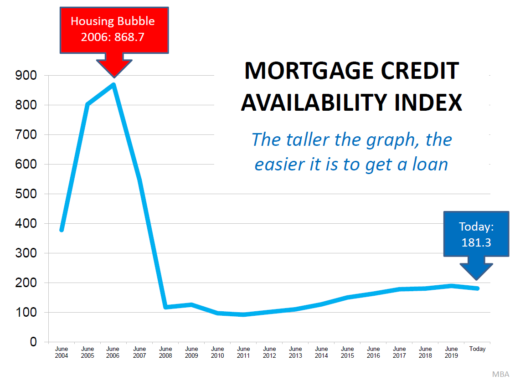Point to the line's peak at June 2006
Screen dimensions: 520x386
tap(114, 85)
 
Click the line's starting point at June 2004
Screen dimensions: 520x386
tap(62, 230)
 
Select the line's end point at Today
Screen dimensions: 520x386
tap(477, 288)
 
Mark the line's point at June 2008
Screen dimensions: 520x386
tap(165, 307)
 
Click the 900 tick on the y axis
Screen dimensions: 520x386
tap(26, 75)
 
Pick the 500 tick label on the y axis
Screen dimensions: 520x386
tap(26, 194)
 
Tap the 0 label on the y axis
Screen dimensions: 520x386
tap(33, 341)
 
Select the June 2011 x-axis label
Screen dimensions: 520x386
tap(243, 352)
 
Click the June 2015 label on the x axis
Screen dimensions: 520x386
tap(347, 352)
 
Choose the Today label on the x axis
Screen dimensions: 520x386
tap(477, 349)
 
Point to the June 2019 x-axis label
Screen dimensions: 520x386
tap(451, 352)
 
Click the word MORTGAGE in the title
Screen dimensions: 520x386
tap(309, 71)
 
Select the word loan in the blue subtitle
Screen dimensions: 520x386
tap(430, 164)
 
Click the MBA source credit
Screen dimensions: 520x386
tap(500, 375)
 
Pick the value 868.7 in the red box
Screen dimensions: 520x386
tap(129, 37)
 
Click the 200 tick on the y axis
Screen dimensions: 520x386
tap(26, 283)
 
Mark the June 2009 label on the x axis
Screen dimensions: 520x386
tap(191, 352)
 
